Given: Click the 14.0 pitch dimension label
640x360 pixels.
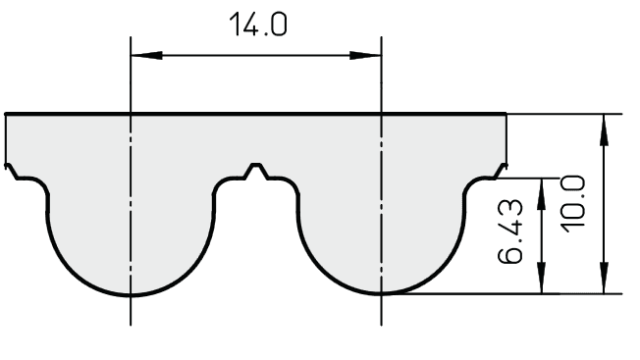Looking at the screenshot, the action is (258, 25).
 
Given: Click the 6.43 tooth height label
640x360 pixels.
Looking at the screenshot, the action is (510, 231).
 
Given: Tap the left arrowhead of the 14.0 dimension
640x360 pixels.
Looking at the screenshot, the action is (146, 55).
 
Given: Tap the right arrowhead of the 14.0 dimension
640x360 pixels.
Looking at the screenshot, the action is (365, 55).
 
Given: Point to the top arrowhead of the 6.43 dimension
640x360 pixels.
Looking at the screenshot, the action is (541, 194).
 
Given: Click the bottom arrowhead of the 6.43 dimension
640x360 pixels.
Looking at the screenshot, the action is (541, 278).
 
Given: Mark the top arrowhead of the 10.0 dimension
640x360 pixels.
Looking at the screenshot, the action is (604, 129).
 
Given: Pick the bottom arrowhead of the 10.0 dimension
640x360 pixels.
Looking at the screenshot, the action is (604, 278).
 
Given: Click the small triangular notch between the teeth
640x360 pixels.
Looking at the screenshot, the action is (256, 171).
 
